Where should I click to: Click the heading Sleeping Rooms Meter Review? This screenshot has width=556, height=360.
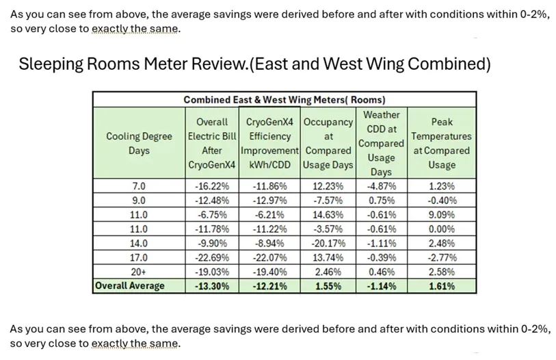(254, 64)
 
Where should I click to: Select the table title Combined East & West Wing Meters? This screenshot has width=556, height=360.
(284, 100)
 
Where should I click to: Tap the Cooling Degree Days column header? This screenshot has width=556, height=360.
(139, 143)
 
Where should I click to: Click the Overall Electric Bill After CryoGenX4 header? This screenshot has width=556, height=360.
(212, 143)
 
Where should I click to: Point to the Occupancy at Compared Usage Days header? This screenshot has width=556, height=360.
(328, 143)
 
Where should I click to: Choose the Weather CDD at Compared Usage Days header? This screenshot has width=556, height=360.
(381, 143)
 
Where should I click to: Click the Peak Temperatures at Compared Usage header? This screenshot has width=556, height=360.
(441, 143)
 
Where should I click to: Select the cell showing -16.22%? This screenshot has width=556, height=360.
(212, 186)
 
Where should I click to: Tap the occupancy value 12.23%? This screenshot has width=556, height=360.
(328, 186)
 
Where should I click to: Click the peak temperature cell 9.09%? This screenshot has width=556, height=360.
(441, 214)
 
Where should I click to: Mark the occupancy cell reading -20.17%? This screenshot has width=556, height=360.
(328, 244)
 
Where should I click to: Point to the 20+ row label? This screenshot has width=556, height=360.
(139, 272)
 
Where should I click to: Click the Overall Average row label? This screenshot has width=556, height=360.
(130, 286)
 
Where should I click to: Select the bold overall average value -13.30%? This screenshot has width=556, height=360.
(212, 286)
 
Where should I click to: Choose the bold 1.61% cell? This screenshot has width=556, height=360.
(441, 286)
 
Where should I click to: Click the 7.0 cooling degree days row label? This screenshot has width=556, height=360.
(139, 186)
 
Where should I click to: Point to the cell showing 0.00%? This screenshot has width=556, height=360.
(441, 229)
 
